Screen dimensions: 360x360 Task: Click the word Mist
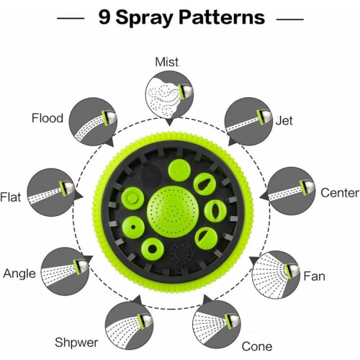167,62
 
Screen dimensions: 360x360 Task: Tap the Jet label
284,120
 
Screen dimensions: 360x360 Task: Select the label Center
340,193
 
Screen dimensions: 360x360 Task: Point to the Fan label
314,276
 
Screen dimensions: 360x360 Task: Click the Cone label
257,346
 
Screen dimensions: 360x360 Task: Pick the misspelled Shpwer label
76,343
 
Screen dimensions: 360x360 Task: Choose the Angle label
19,274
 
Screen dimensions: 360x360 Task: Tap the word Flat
11,197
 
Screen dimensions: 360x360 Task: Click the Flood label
48,118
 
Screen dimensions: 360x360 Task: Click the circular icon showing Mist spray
169,94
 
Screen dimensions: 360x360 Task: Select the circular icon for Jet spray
248,122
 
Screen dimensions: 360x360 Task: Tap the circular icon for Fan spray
276,275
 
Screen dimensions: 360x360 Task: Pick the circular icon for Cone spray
216,325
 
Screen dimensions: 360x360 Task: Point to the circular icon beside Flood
93,122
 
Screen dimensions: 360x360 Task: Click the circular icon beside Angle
65,271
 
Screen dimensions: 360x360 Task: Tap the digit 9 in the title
104,17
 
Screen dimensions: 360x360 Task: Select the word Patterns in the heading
222,17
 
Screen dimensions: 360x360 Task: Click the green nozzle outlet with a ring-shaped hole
153,249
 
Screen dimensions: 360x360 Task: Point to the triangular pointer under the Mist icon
169,122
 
